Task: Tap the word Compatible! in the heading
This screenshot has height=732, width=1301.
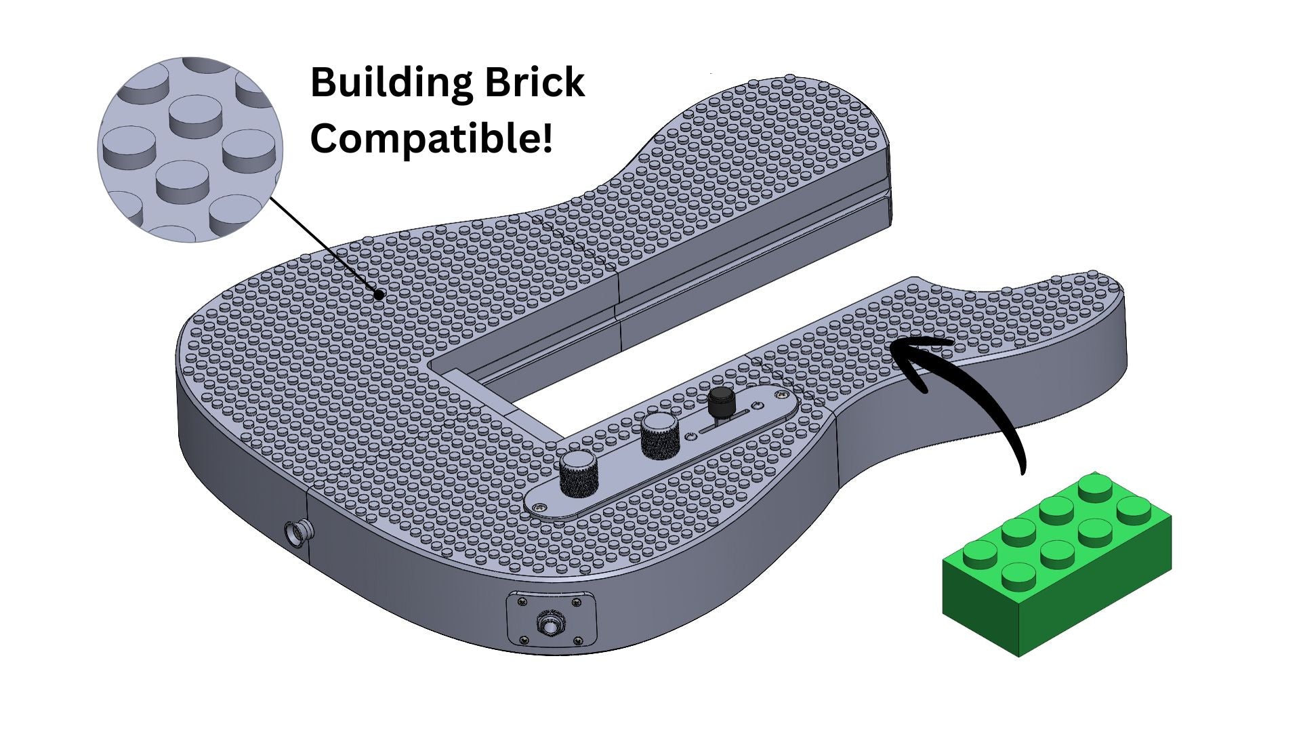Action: coord(431,138)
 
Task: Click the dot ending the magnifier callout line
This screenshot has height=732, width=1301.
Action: coord(380,295)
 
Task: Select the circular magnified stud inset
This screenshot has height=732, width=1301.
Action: coord(190,150)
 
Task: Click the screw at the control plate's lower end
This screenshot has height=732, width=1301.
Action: coord(539,506)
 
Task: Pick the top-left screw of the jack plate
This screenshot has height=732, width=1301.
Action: coord(521,601)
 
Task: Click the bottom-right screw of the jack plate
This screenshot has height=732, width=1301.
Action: coord(578,640)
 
